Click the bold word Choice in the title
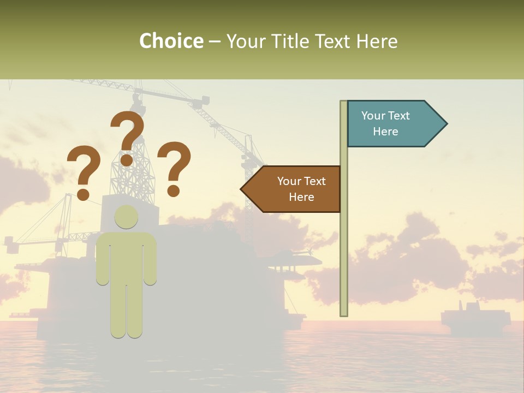click(x=171, y=41)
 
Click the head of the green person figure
click(x=126, y=217)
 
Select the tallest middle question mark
click(x=128, y=138)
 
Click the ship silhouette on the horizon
click(x=475, y=319)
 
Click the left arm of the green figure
click(x=103, y=262)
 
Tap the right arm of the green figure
click(x=150, y=262)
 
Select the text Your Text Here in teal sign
click(x=385, y=123)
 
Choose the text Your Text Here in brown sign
click(x=301, y=189)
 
